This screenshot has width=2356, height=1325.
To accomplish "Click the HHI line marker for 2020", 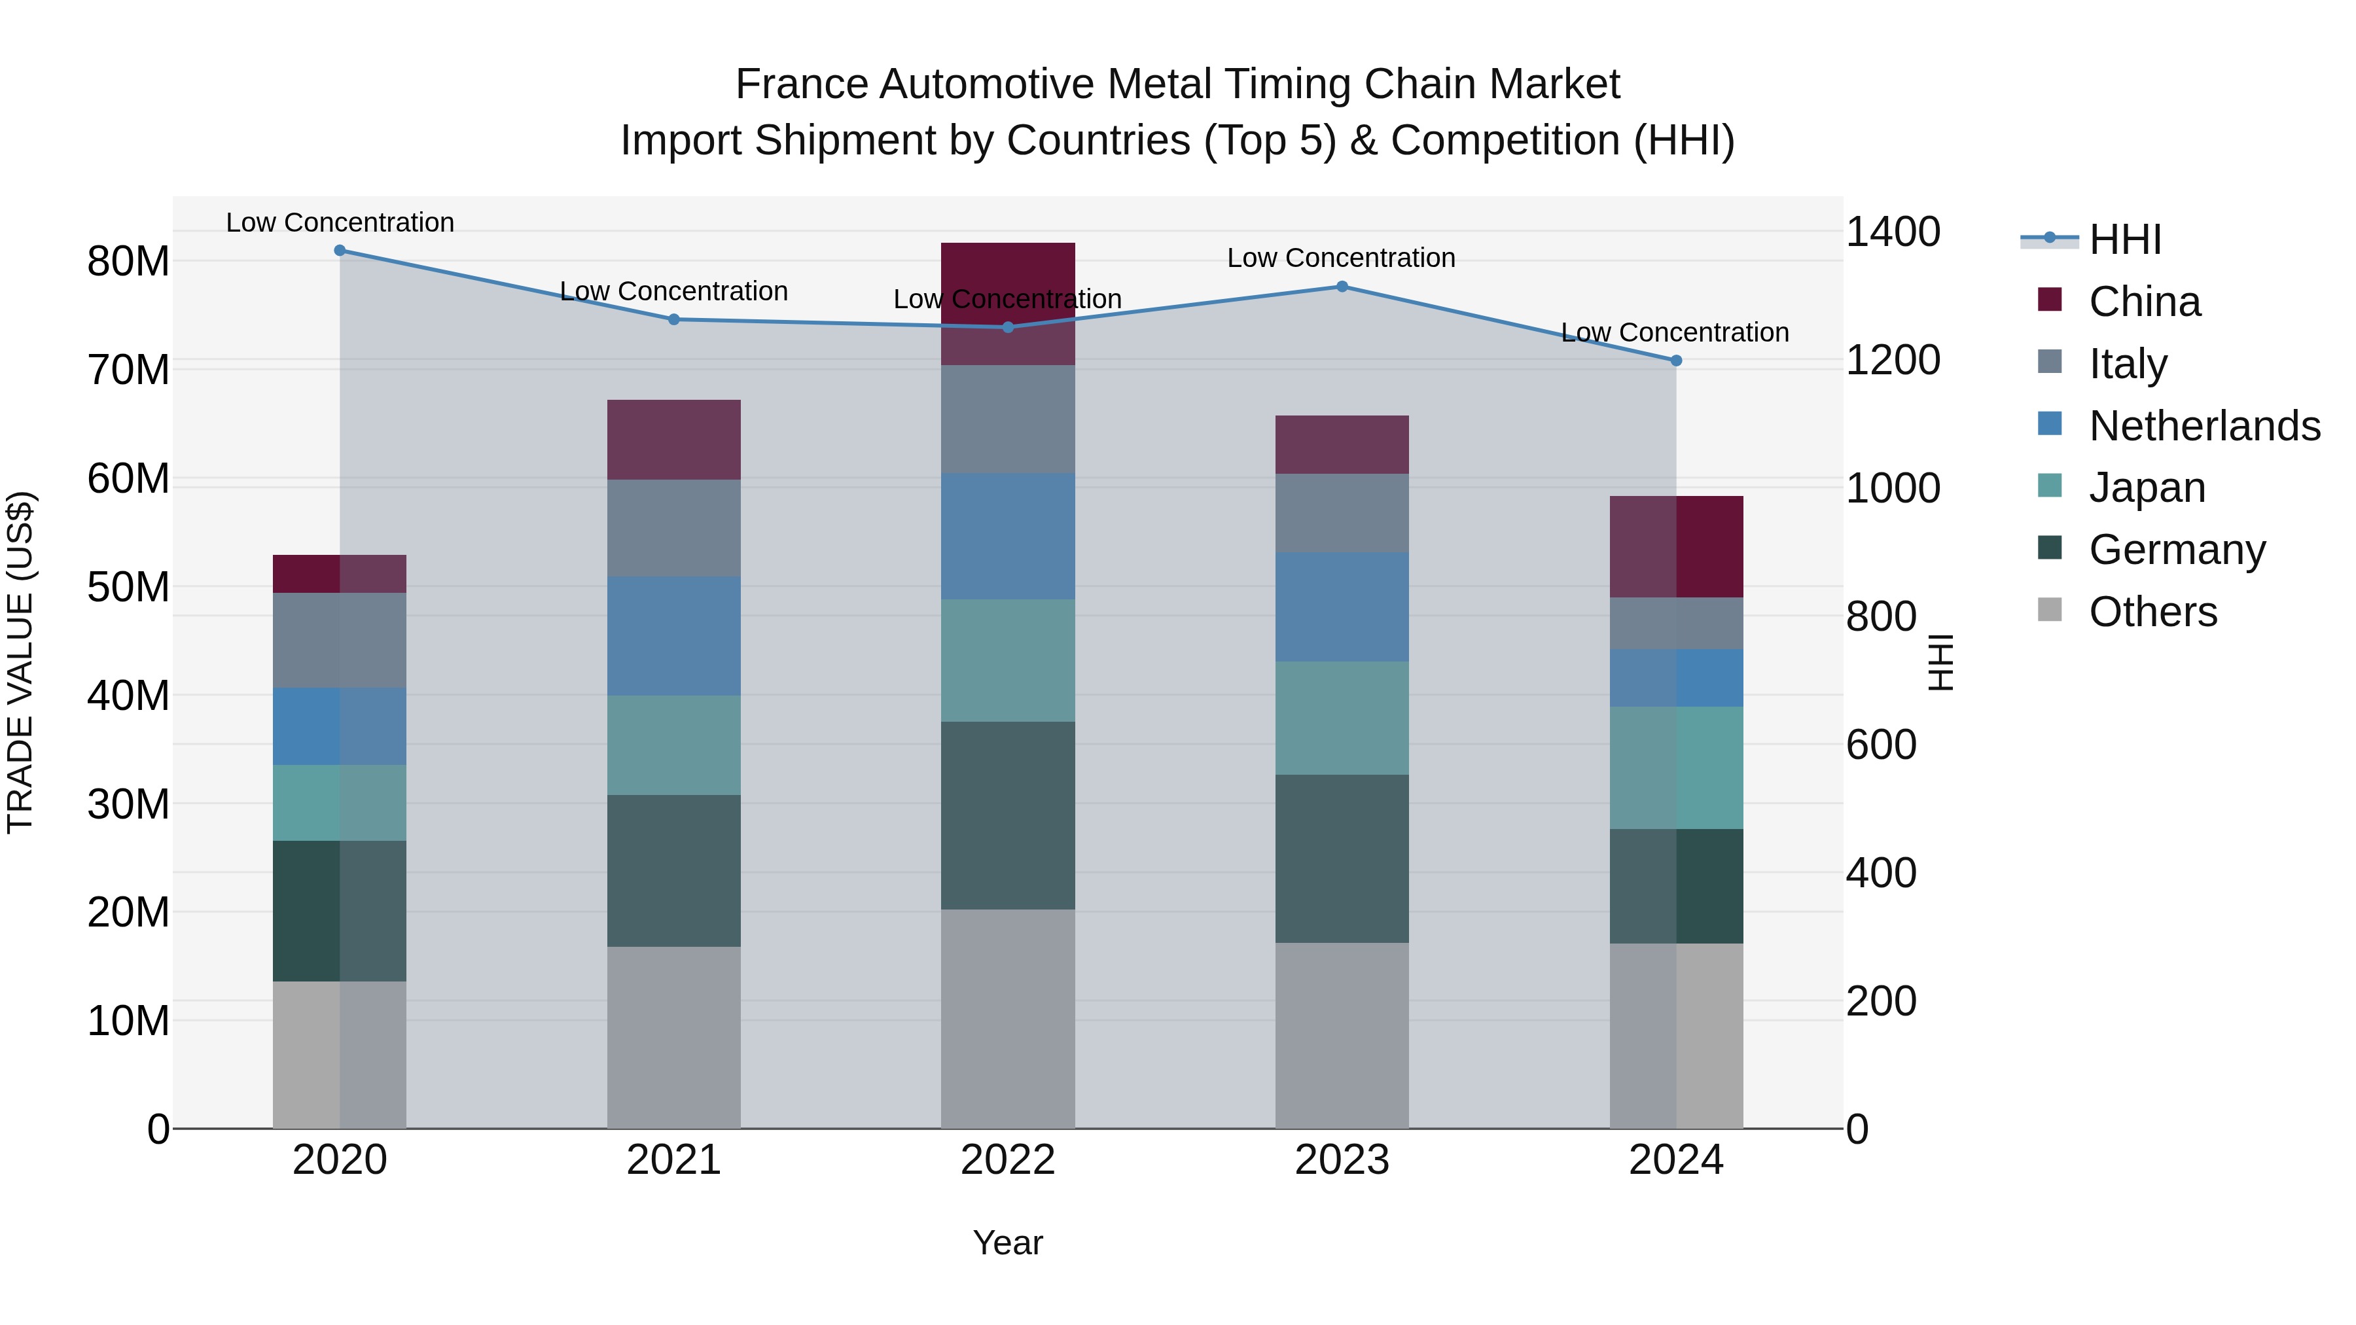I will click(339, 251).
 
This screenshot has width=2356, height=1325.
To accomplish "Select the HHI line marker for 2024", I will click(1675, 361).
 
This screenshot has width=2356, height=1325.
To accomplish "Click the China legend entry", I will click(2144, 302).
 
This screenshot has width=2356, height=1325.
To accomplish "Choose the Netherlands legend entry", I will click(2204, 426).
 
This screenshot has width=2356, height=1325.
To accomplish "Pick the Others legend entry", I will click(2153, 612).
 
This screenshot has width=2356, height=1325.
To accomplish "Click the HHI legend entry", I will click(2124, 239).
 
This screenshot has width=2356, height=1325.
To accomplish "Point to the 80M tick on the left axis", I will click(128, 262).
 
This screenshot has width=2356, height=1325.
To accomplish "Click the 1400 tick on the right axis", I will click(1892, 232).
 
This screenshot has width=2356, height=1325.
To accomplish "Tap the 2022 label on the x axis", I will click(1008, 1160).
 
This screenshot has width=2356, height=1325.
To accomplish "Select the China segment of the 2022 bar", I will click(1008, 304).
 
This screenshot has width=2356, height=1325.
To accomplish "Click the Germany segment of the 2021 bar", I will click(674, 870).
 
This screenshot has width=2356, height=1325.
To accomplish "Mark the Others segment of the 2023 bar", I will click(1342, 1035).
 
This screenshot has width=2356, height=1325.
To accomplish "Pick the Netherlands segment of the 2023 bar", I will click(1342, 607).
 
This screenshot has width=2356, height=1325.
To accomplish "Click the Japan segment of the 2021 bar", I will click(674, 745).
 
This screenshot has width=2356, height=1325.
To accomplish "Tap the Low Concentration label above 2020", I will click(339, 223).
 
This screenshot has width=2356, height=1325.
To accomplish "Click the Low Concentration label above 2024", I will click(1675, 333).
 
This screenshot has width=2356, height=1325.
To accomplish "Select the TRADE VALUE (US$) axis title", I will click(21, 662).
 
